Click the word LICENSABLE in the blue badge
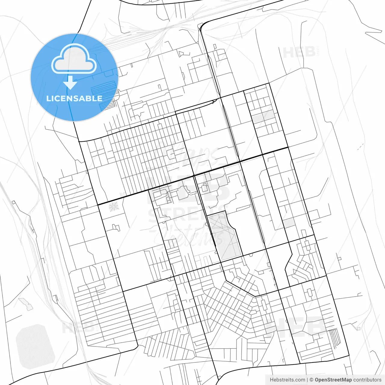[x=74, y=98]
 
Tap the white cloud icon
[x=74, y=59]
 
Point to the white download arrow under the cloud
[x=70, y=83]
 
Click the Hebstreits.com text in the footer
[x=287, y=380]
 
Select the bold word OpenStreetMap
[x=333, y=380]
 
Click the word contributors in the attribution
[x=367, y=380]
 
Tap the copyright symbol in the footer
[x=312, y=380]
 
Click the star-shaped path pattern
[x=113, y=207]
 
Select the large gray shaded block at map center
[x=224, y=235]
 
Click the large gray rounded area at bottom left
[x=35, y=346]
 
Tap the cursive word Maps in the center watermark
[x=192, y=156]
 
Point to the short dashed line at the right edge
[x=360, y=146]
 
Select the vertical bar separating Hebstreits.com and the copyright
[x=307, y=380]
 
